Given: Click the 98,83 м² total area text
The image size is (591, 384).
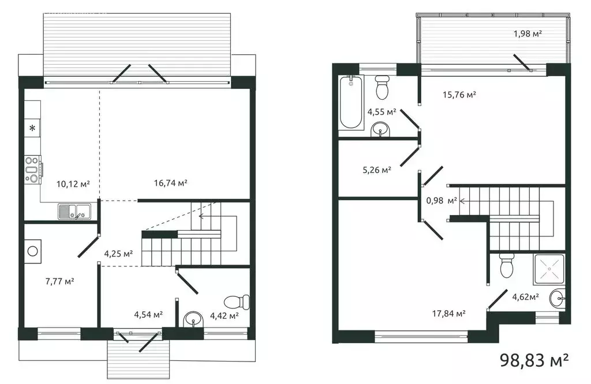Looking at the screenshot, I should (534, 361).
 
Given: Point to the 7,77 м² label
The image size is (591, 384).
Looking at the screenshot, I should (60, 281).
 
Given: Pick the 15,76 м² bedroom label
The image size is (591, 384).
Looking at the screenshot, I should (459, 95).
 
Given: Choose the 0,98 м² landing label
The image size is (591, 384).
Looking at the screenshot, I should (442, 201).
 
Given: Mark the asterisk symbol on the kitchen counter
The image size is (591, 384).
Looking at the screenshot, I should (32, 128).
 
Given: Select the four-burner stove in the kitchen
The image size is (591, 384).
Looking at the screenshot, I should (32, 170).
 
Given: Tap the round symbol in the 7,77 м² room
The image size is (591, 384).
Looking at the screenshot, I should (32, 251).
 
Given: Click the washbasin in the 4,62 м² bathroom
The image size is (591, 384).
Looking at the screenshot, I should (556, 298).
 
